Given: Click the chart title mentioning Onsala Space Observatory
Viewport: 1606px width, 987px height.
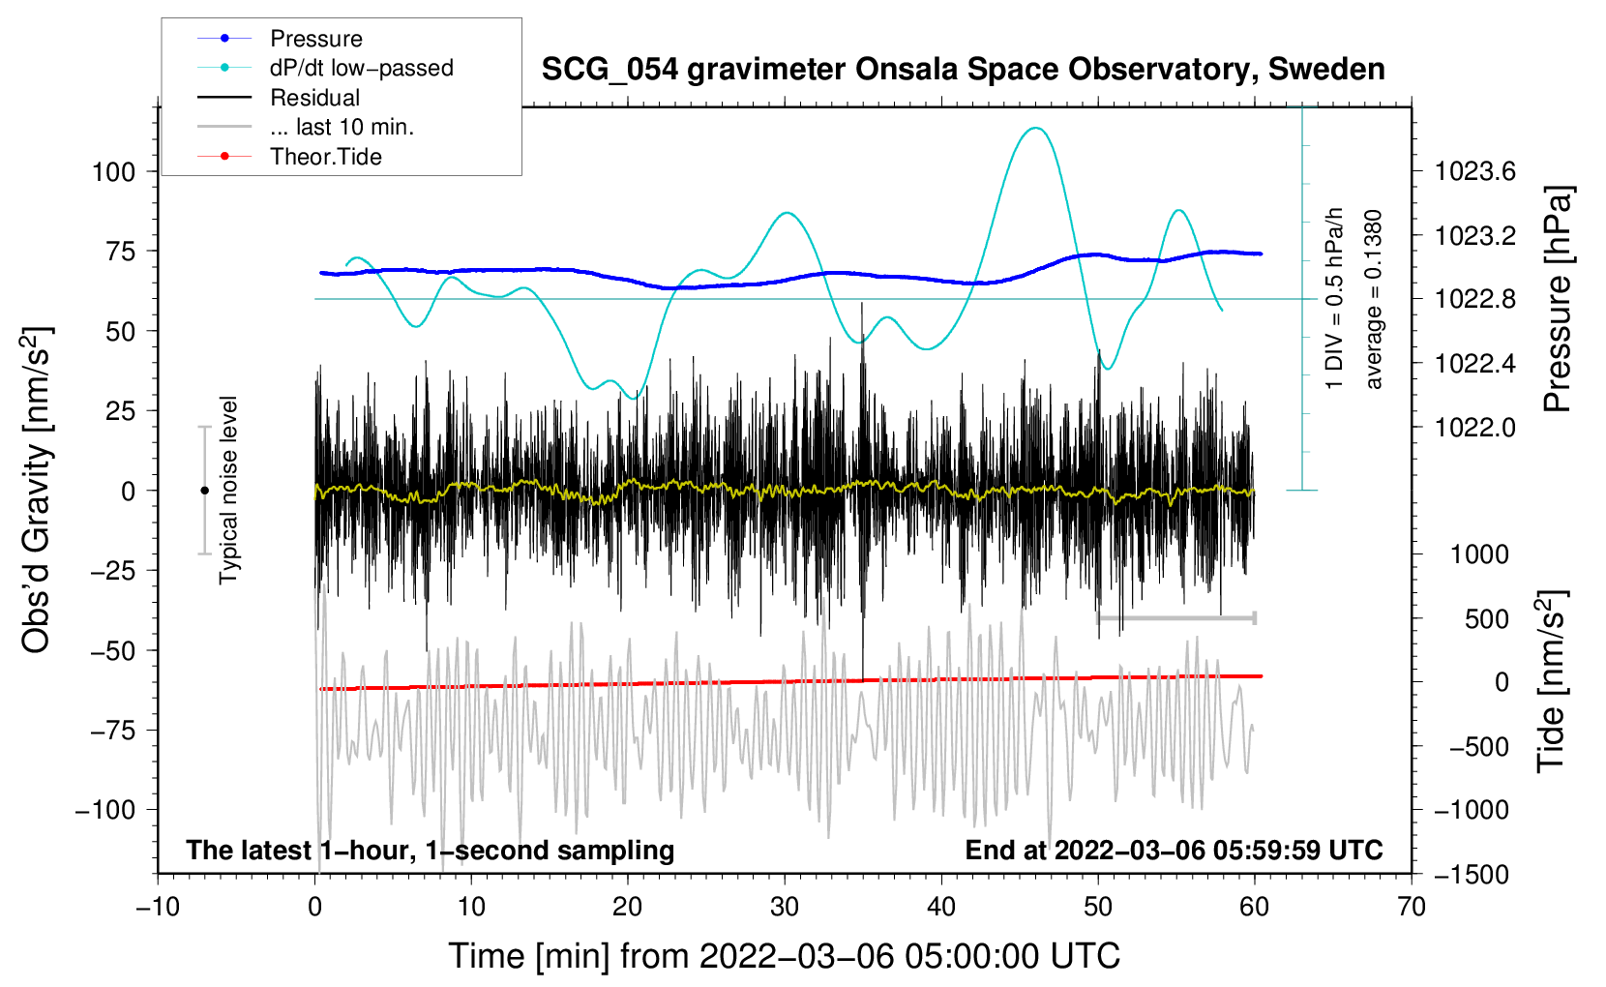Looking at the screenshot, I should (963, 70).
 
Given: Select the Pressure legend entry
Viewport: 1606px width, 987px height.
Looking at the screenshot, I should (315, 39).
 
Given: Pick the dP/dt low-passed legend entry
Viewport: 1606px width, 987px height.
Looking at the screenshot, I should (361, 68).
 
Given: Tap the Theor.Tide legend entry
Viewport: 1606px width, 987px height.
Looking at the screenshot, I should (325, 157).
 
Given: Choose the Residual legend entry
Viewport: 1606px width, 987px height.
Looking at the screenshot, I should (314, 98).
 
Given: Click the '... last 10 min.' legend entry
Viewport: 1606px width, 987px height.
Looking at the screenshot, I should (342, 127).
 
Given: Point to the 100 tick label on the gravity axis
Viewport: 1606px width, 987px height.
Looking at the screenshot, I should (113, 172).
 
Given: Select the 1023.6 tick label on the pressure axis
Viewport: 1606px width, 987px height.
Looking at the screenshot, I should (1474, 172).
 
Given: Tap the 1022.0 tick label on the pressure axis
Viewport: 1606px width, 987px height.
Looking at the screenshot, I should (1474, 428).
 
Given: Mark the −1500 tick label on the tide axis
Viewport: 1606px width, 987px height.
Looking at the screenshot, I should (1471, 875).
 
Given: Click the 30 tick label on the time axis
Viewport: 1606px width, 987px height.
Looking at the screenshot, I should (785, 907).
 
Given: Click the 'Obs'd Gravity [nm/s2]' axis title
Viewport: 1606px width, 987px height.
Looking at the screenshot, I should (37, 490).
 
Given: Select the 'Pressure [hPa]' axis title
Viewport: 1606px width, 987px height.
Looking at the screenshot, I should (1557, 299).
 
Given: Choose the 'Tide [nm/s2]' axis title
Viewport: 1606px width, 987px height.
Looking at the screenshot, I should (1551, 682).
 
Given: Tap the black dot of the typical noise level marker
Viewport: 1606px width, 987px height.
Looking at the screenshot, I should (204, 491).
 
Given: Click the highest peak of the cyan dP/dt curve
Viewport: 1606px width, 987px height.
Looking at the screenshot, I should (1036, 128).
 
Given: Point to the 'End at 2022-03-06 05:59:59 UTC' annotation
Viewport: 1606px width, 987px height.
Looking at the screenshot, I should (1174, 850).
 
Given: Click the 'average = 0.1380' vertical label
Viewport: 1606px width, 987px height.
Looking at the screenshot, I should (1374, 300).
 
